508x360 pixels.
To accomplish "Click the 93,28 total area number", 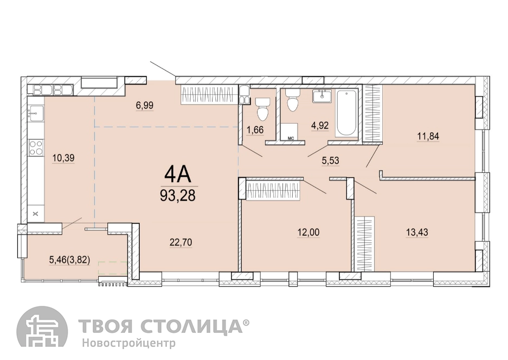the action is coord(178,195).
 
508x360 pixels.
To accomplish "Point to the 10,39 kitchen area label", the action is coord(63,158).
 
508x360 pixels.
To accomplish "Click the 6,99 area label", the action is coord(145,105).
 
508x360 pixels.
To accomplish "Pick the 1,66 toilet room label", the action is coord(255,130).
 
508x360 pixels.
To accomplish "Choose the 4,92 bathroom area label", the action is coord(320,125).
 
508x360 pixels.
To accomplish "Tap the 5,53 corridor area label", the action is coord(331,160).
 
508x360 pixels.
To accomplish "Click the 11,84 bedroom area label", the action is coord(428,136).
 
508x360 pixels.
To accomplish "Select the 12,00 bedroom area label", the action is coord(308,232).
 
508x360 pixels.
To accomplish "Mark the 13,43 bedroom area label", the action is coord(417,232).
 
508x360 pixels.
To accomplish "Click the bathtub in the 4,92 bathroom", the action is coord(346,113).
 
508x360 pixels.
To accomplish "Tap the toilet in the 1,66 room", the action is coord(262,108).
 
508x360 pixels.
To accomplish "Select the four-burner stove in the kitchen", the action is coord(36,147).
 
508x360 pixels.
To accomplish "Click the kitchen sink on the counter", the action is coord(35,112).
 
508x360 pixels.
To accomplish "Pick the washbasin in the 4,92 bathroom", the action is coord(323,95).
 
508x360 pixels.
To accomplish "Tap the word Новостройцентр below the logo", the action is coord(128,343).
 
